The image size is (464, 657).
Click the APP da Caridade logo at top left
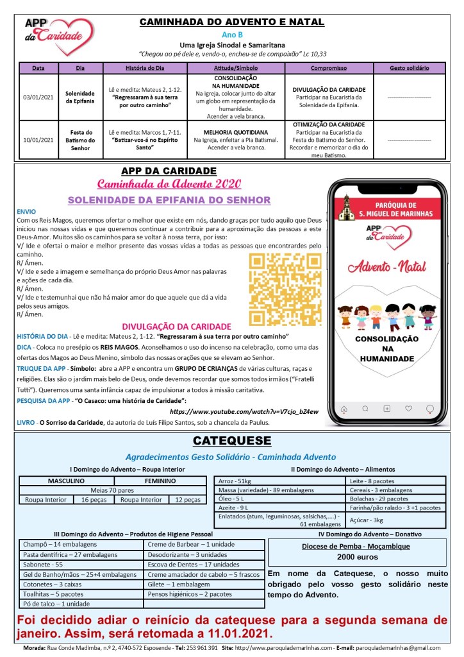[x=58, y=35]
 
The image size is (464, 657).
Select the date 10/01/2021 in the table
[x=38, y=139]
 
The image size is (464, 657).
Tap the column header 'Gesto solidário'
[x=409, y=67]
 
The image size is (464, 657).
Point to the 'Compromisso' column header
[x=329, y=67]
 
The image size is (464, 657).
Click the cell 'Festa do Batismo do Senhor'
[x=80, y=139]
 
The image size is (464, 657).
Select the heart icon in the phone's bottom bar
[x=408, y=408]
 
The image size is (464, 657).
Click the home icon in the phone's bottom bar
[x=344, y=408]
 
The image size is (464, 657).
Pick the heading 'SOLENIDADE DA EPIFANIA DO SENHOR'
[x=169, y=200]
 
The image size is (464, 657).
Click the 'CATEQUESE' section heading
[x=232, y=441]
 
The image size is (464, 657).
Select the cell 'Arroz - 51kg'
[x=235, y=481]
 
